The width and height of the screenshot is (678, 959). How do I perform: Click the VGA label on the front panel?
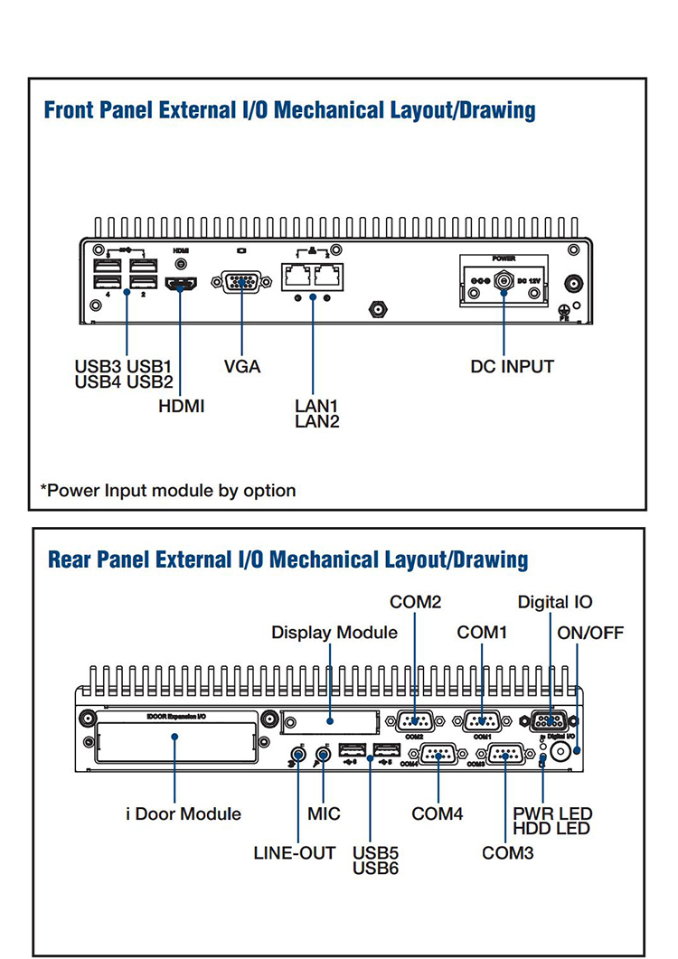coord(241,366)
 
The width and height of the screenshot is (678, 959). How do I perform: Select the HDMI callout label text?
coord(182,406)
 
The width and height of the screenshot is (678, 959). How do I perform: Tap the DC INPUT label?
coord(512,366)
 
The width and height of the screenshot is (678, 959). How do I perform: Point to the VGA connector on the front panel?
coord(241,282)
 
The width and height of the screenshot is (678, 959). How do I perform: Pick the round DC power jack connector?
coord(503,281)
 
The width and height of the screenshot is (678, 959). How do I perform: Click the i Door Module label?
coord(183,813)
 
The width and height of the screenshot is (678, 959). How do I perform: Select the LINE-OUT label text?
coord(294,852)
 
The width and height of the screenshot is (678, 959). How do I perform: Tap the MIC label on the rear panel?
coord(324,813)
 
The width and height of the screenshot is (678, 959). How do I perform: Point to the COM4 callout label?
coord(438,813)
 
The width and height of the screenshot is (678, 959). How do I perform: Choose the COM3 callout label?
coord(507,852)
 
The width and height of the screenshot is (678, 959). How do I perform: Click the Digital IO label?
coord(555,602)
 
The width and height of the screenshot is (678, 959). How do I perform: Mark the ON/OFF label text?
coord(590,633)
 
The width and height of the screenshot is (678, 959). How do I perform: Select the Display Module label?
coord(334,633)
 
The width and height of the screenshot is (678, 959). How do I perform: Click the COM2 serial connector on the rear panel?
coord(415,720)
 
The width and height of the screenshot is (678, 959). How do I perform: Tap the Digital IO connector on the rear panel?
coord(550,720)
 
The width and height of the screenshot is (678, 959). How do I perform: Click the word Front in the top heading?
coord(71,110)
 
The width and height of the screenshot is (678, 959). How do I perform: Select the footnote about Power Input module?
coord(168,491)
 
